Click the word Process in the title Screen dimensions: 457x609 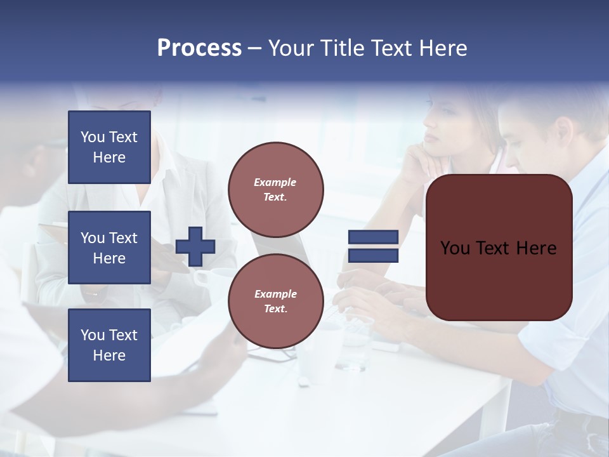(199, 48)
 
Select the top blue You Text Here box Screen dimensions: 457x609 (109, 147)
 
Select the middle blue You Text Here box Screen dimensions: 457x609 (109, 248)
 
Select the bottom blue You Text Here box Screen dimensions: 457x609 (109, 345)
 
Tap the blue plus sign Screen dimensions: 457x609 (195, 246)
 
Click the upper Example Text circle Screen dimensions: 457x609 (276, 190)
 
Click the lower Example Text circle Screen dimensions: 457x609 (276, 301)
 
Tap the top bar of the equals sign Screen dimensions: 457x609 (373, 237)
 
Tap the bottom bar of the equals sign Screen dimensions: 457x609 (373, 256)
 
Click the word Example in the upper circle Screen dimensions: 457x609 (275, 182)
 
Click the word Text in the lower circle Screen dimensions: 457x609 (275, 309)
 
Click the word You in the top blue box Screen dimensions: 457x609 (93, 137)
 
